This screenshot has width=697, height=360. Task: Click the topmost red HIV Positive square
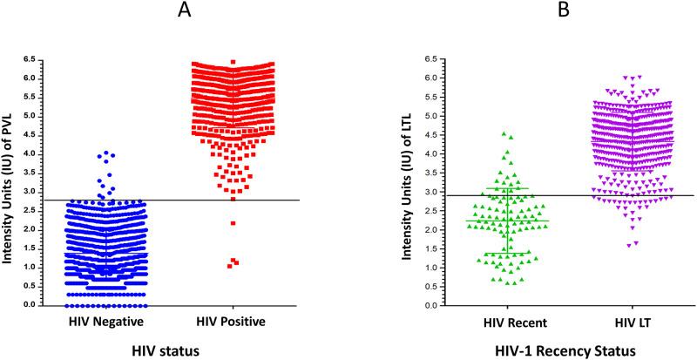tap(233, 62)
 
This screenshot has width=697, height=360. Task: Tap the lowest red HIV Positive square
tap(230, 265)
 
